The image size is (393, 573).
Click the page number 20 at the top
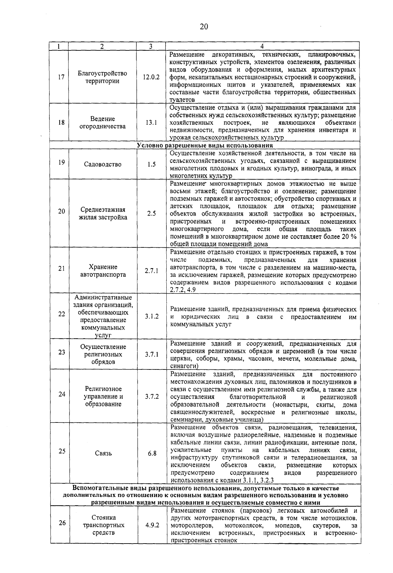[204, 27]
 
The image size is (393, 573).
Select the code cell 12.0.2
[151, 77]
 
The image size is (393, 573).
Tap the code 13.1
[151, 122]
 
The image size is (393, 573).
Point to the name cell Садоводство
[103, 164]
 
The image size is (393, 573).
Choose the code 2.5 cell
[151, 213]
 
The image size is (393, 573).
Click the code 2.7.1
[151, 271]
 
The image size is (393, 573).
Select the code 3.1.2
[152, 316]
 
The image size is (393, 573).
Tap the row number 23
[62, 352]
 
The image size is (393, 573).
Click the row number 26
[62, 523]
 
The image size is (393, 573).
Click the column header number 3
[151, 46]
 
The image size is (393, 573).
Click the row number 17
[61, 77]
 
